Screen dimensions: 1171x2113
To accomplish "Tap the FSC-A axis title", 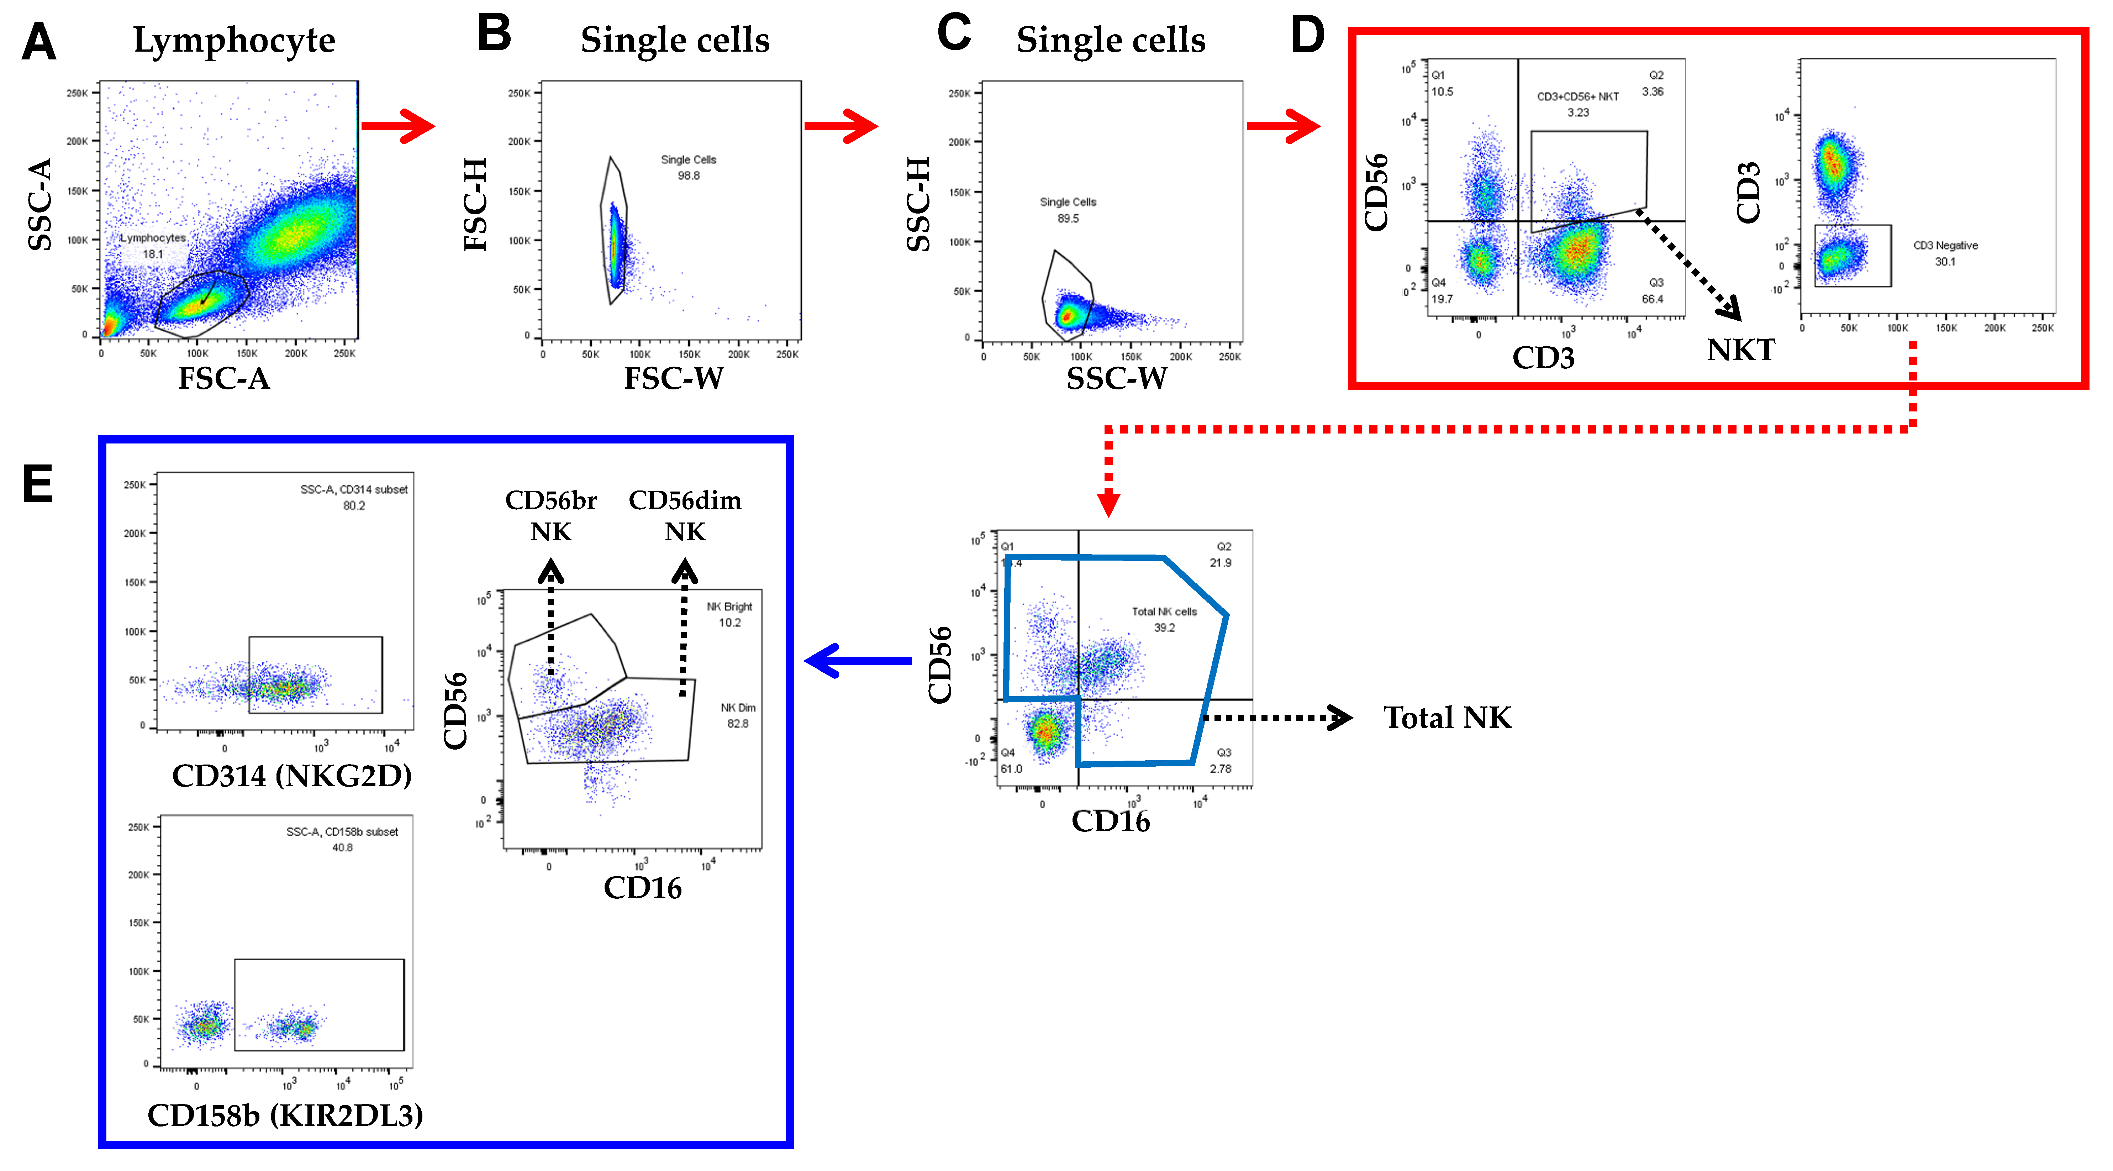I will (224, 378).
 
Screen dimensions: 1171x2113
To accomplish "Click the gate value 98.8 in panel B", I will (688, 175).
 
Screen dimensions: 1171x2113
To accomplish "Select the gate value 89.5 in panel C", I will (1068, 218).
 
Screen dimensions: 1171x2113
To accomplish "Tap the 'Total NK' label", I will (1447, 718).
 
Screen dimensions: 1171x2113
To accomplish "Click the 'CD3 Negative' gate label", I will (1945, 245).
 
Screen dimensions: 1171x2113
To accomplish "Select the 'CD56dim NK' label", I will (685, 515).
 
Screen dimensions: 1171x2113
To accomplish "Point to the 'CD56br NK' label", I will (550, 515).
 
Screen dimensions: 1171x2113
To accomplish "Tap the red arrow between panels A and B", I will (398, 126).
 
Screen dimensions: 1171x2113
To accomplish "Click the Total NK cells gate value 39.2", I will (1164, 628).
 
